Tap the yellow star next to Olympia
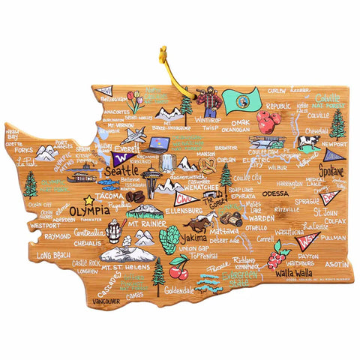88,199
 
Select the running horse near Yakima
199,223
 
